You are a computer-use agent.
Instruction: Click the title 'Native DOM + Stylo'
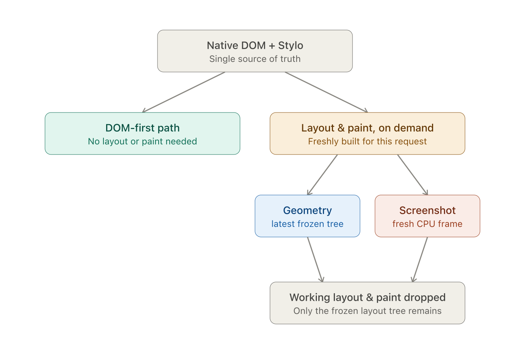(x=255, y=45)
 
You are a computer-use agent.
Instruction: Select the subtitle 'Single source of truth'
(x=255, y=59)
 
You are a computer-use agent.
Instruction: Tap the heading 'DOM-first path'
(x=142, y=128)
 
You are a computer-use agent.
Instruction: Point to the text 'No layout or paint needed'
(x=142, y=141)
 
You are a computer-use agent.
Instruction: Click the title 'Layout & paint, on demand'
(x=367, y=128)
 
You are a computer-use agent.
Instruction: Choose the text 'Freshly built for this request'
(x=367, y=141)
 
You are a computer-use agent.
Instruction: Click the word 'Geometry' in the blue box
(x=307, y=211)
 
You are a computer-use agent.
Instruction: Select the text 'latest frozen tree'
(x=307, y=224)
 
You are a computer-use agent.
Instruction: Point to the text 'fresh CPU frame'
(x=427, y=224)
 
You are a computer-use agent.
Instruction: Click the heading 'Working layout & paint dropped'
(x=367, y=297)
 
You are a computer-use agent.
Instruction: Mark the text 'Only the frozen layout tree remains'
(x=367, y=311)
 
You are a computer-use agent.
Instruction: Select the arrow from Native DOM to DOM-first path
(x=183, y=92)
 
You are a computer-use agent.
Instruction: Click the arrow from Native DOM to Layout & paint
(x=326, y=92)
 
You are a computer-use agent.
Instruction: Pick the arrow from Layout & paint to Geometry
(x=322, y=175)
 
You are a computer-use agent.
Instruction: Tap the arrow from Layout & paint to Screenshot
(x=412, y=175)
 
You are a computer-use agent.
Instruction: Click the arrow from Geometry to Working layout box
(x=315, y=259)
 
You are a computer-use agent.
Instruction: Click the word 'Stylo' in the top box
(x=291, y=45)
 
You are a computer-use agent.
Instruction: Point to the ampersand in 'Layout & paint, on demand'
(x=341, y=128)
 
